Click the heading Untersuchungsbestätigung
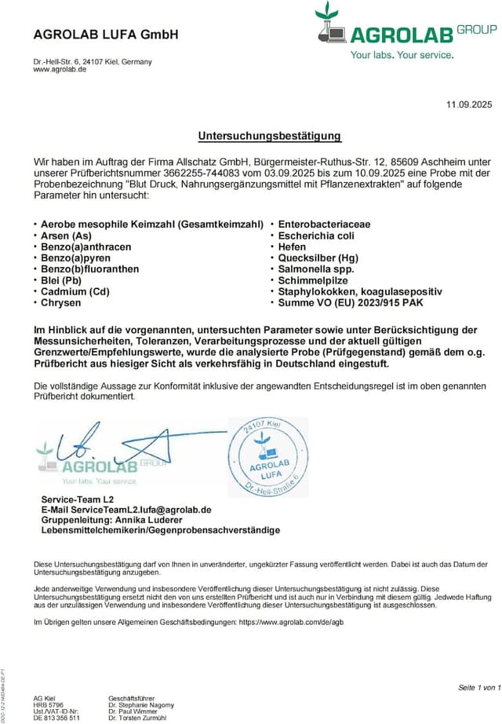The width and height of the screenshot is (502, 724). coord(269,136)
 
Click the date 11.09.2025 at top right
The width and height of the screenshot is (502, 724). coord(468,104)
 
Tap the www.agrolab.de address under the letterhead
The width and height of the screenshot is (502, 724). coord(60,70)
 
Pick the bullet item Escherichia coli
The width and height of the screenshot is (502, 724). coord(317,236)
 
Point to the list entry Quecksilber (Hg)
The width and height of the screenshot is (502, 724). coord(318,258)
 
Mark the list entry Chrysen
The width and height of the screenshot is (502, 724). coord(61,302)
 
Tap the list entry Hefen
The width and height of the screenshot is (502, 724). coord(293,247)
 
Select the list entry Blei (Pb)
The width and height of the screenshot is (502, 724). coord(61,280)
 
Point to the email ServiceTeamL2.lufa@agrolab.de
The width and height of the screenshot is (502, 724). coord(144,510)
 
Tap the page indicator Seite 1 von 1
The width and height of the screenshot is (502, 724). coord(478,688)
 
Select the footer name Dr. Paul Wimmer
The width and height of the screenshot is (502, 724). coord(135,711)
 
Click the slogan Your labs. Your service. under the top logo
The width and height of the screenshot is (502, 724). coord(401,55)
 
